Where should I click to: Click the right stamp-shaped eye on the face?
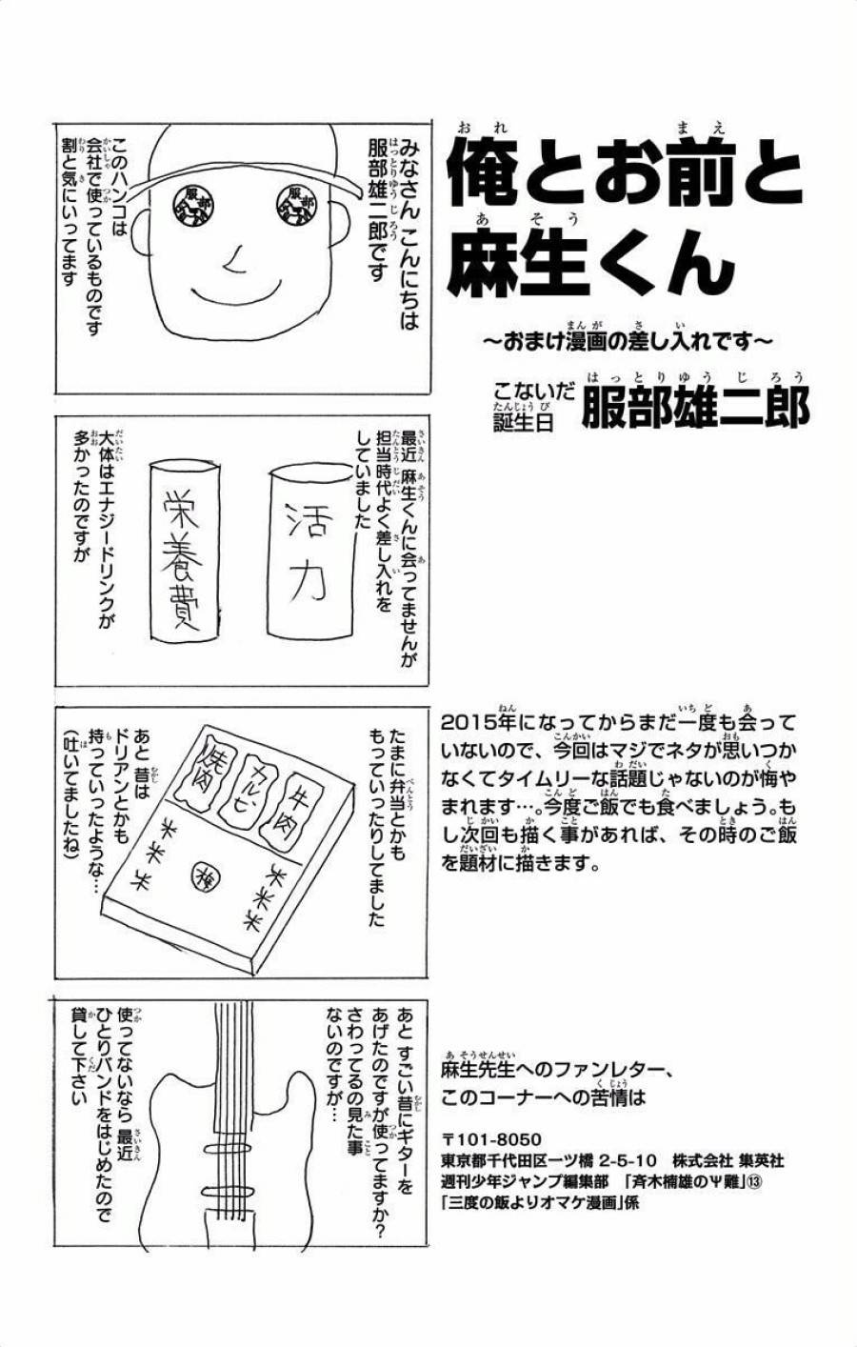pyautogui.click(x=298, y=205)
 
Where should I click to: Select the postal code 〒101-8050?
pyautogui.click(x=491, y=1139)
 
